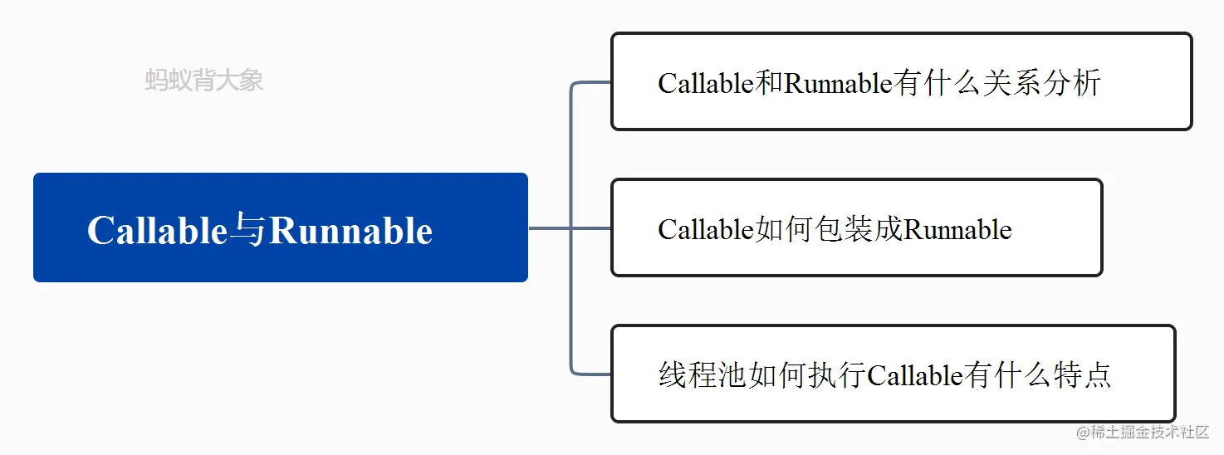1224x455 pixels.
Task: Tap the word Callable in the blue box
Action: pos(157,231)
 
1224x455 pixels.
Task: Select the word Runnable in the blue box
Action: pos(351,231)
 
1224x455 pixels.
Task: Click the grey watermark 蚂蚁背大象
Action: pos(204,81)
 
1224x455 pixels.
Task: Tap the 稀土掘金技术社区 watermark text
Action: pos(1149,433)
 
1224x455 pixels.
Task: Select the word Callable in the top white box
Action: pos(706,83)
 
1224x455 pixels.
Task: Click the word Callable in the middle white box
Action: pos(706,229)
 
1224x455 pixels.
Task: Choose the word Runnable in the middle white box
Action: pos(957,229)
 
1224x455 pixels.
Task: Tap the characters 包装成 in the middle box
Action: pos(861,229)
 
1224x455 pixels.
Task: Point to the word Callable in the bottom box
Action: pos(914,375)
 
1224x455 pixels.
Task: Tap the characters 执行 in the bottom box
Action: pos(839,375)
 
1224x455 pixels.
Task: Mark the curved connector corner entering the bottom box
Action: pos(575,369)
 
